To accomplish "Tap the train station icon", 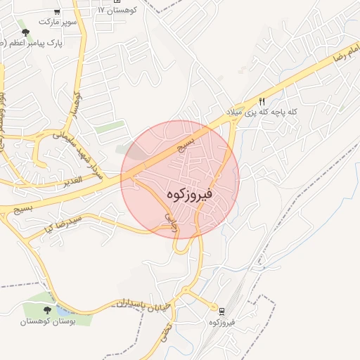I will click(222, 311).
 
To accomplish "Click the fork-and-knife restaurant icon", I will click(262, 101).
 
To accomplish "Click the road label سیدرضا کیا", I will click(70, 224).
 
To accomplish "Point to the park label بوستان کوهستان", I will click(47, 321).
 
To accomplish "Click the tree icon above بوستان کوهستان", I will click(47, 309).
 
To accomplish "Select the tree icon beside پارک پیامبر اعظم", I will click(25, 32).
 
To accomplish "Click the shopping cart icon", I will click(56, 12).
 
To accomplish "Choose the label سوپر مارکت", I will click(56, 22).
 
